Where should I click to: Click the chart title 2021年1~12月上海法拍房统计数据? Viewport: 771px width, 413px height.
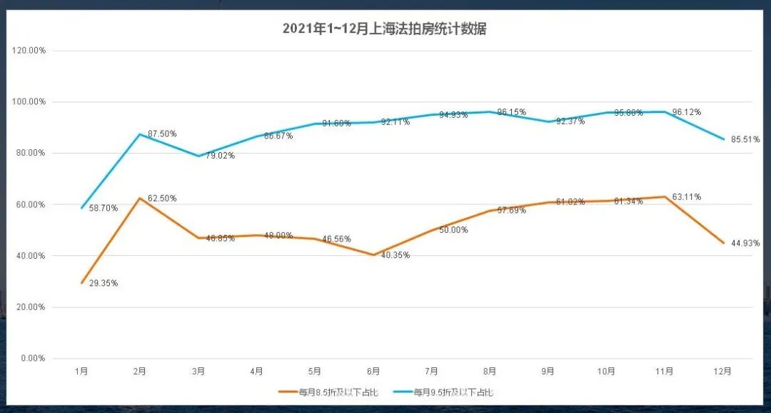click(385, 29)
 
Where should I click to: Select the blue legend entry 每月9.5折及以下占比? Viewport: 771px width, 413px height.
click(453, 392)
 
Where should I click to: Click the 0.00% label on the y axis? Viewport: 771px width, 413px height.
click(33, 358)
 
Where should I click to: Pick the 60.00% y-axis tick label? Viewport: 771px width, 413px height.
click(31, 204)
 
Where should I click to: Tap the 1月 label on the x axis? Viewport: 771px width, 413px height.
click(82, 372)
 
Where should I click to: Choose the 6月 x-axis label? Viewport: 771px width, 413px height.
click(373, 372)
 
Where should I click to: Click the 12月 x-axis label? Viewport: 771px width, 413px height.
click(722, 372)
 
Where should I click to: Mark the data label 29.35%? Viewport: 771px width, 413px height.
click(104, 284)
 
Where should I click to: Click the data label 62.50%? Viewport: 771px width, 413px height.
click(162, 199)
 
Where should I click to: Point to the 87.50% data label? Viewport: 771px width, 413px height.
click(162, 134)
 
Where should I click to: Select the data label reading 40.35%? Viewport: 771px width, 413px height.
click(395, 255)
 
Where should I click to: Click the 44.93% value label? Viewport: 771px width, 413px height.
click(745, 244)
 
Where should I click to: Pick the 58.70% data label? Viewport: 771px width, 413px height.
click(104, 209)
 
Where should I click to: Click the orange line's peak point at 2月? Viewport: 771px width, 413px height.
click(140, 198)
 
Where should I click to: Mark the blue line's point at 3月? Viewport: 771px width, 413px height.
click(198, 156)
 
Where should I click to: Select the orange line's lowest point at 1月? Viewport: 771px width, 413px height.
click(82, 283)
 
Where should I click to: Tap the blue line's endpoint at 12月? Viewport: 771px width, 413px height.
click(723, 139)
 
